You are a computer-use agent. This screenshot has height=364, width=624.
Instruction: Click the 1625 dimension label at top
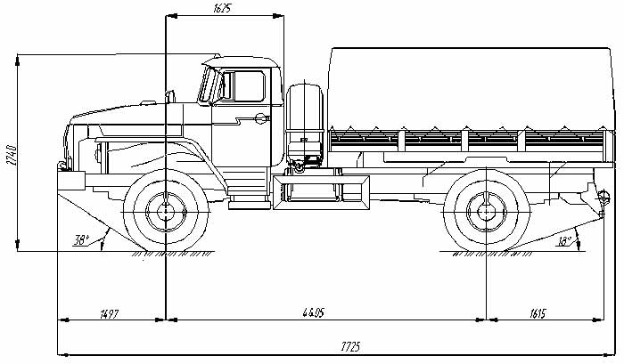(222, 8)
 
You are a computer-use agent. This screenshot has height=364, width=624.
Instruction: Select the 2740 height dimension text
(12, 155)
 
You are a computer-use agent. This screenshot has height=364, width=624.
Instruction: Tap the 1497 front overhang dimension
(109, 313)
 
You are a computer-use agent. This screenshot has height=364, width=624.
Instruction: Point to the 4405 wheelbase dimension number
(313, 312)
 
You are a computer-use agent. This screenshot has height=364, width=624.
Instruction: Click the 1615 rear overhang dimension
(538, 313)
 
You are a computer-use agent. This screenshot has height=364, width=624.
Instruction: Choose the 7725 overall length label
(350, 346)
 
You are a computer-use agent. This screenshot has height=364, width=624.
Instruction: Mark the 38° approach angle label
(81, 240)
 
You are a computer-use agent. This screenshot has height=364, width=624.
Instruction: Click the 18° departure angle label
(564, 241)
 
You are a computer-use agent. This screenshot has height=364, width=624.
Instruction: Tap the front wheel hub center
(166, 212)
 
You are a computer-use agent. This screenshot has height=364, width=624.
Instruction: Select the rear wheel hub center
(486, 212)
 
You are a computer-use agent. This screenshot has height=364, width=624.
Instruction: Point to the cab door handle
(261, 117)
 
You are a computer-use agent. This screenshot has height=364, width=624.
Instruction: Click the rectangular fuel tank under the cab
(321, 193)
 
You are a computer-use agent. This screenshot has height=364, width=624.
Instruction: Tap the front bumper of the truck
(71, 181)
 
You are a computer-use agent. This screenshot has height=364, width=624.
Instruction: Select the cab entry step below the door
(250, 205)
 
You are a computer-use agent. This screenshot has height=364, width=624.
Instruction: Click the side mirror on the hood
(170, 97)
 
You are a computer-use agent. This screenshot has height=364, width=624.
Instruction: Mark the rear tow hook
(603, 198)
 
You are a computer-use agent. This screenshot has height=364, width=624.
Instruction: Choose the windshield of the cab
(208, 85)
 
